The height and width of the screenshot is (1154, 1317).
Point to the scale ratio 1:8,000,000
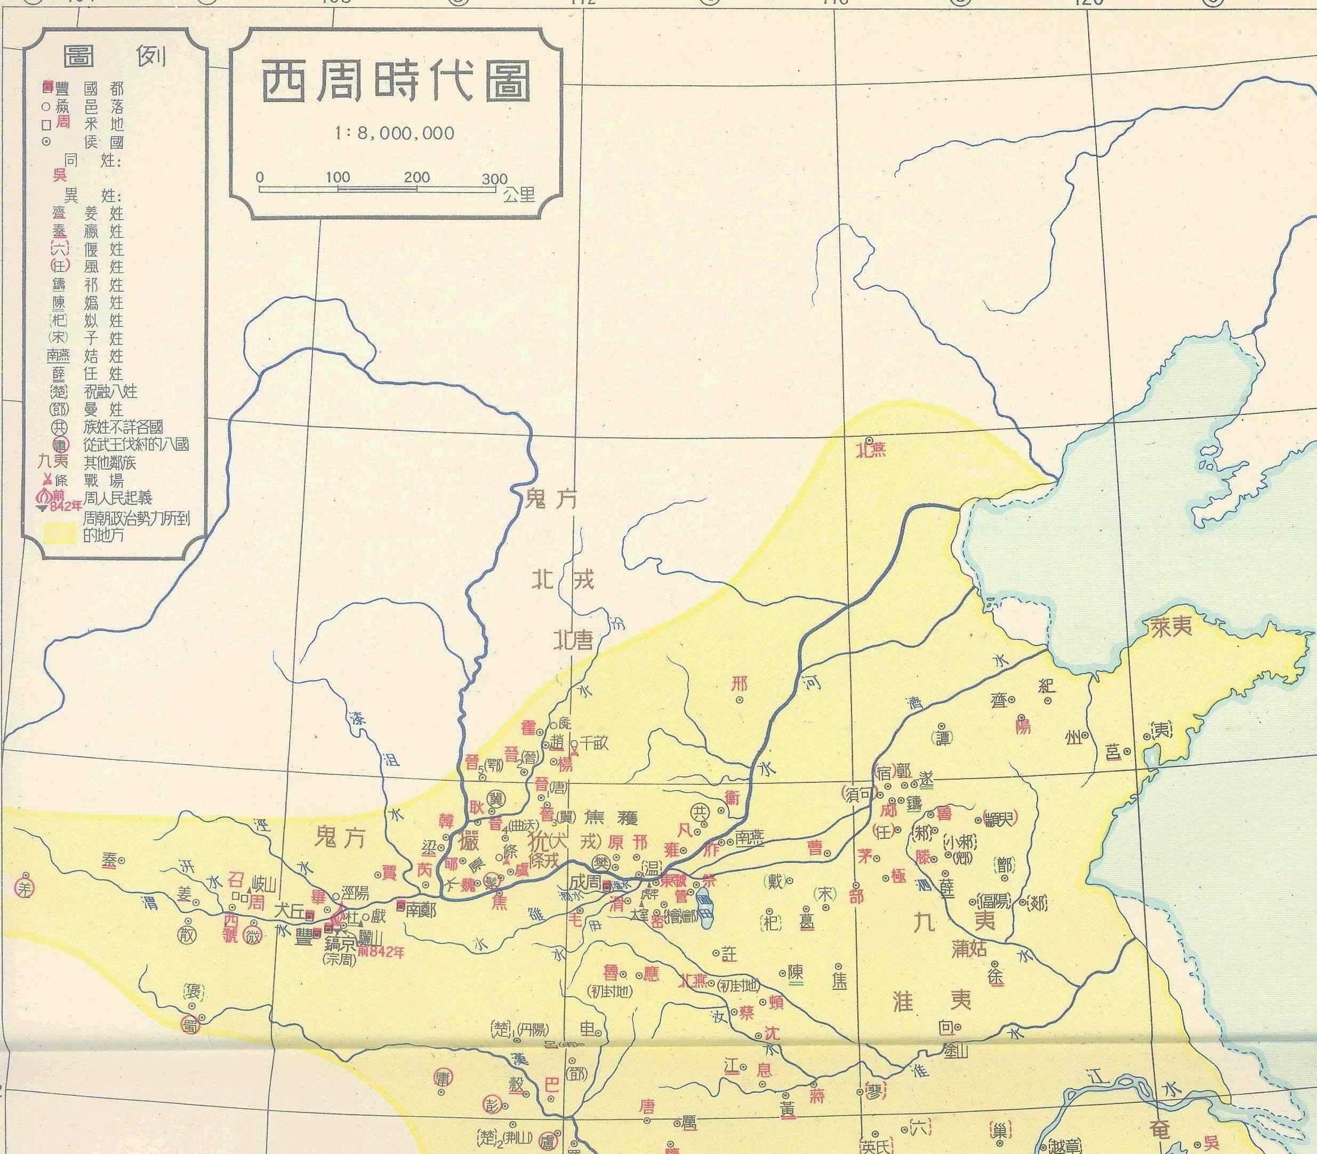coord(395,133)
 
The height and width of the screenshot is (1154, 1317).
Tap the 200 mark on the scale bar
coord(416,178)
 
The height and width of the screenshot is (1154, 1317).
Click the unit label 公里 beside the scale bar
coord(520,194)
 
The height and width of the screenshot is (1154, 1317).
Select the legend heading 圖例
coord(114,57)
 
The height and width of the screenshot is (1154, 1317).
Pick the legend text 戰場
coord(103,480)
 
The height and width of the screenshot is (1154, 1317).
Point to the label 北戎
coord(561,581)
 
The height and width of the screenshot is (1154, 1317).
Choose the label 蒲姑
coord(969,949)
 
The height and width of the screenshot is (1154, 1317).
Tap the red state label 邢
coord(740,683)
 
